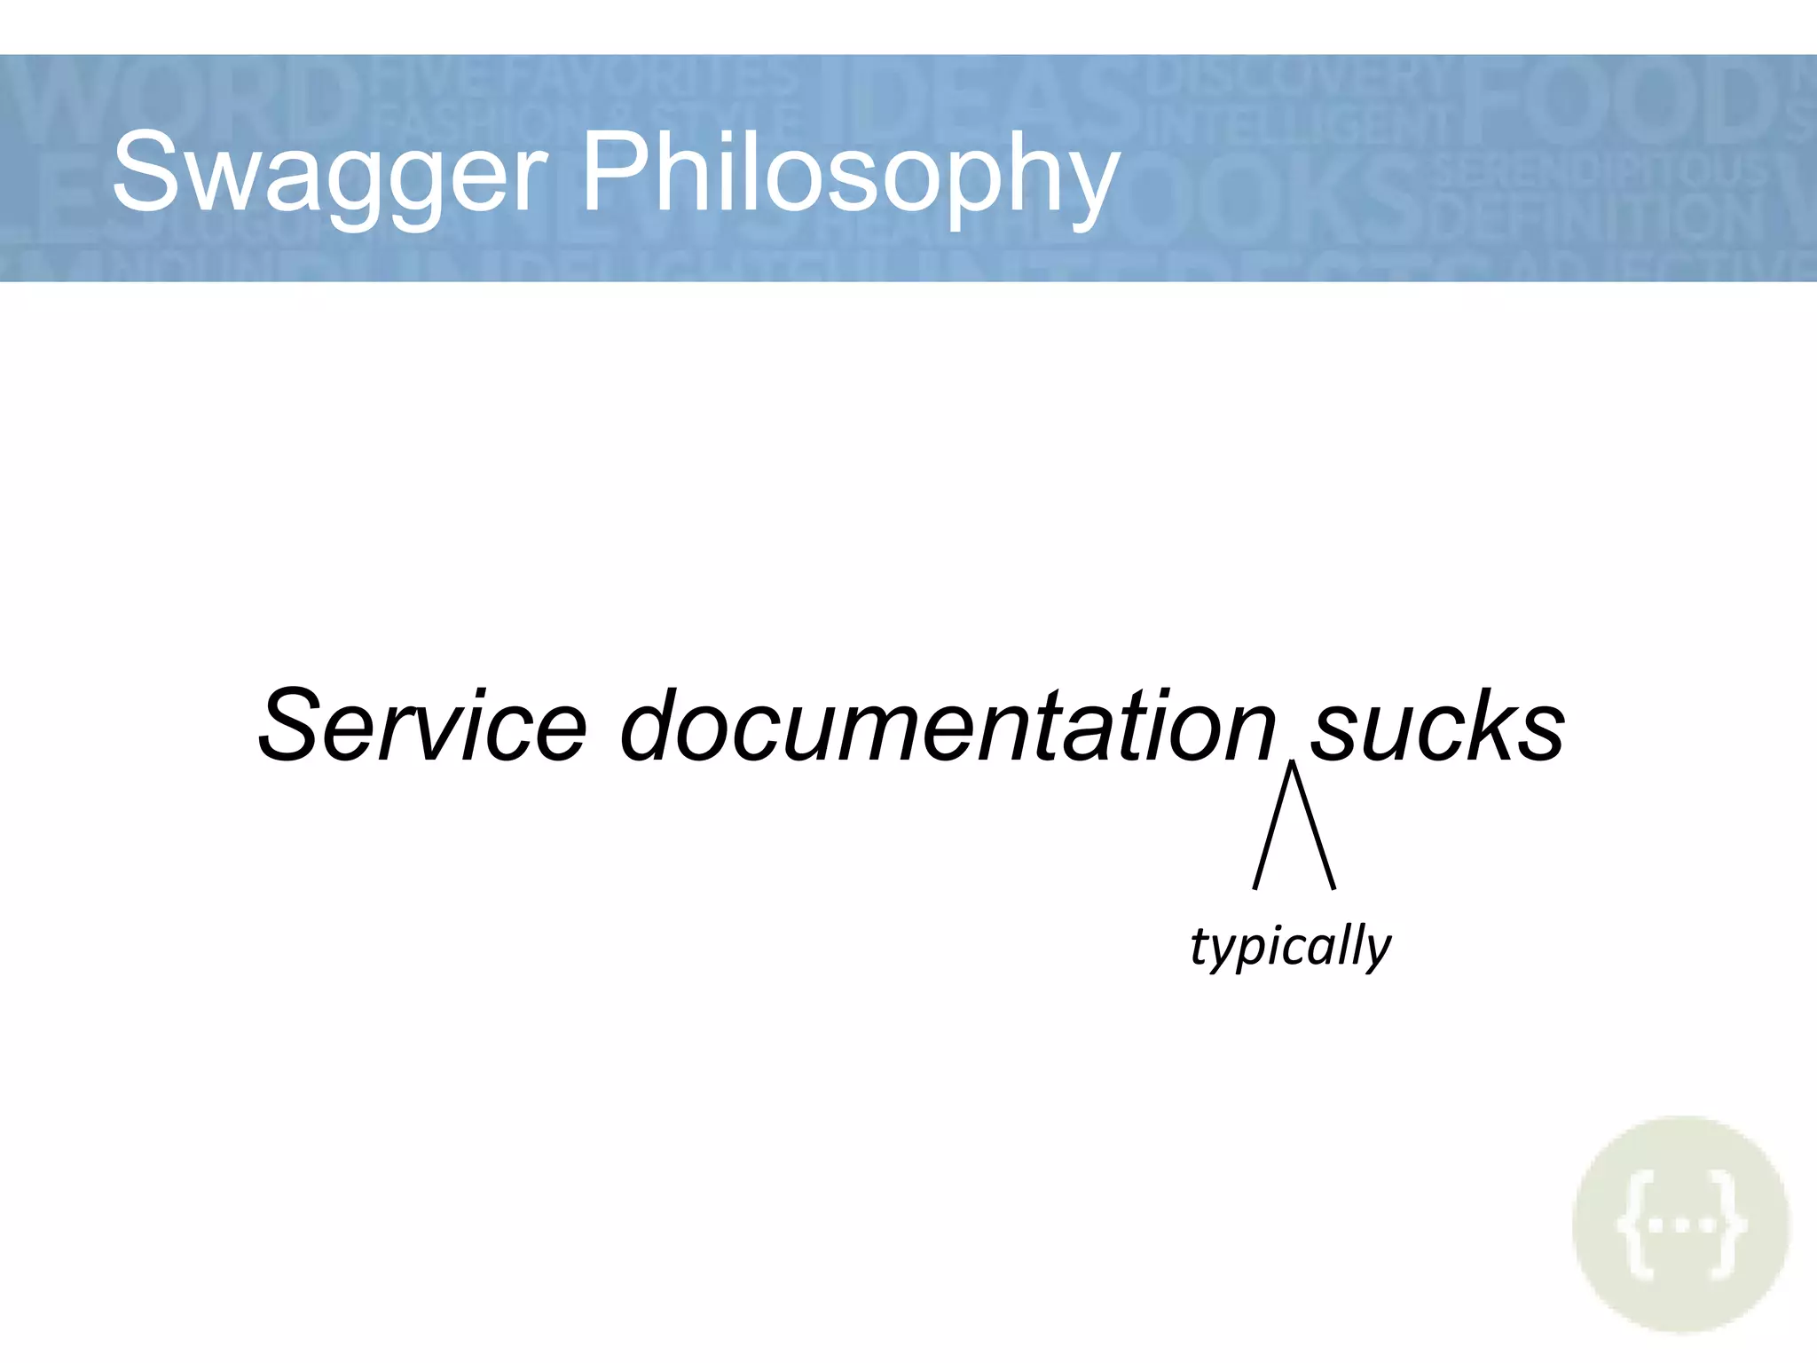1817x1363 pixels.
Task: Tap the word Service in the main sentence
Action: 422,725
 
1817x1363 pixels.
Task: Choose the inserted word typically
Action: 1290,946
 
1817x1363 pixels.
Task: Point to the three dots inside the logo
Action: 1681,1225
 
